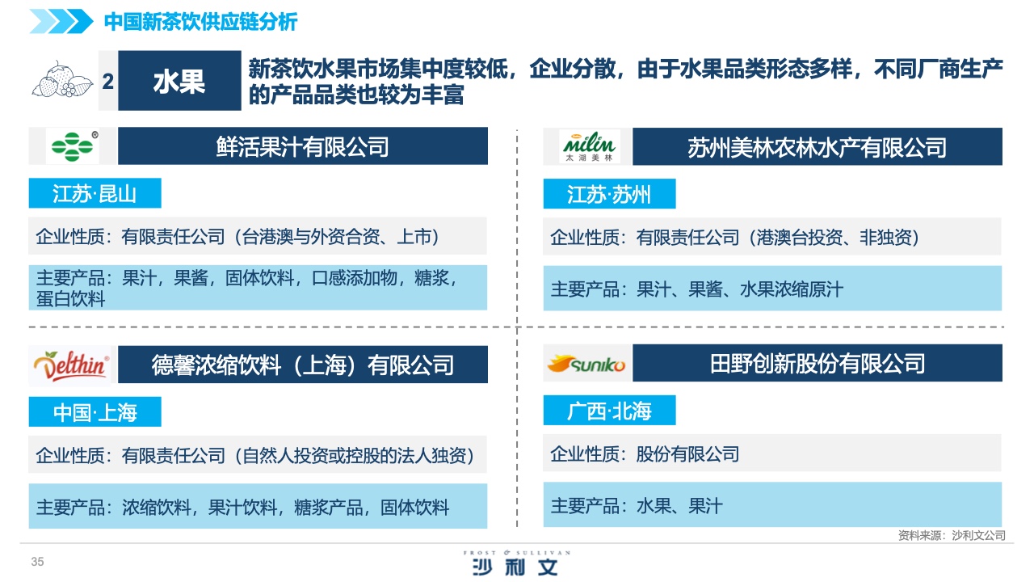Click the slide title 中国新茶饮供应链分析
[200, 22]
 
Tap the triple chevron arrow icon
[61, 21]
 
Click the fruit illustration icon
[62, 80]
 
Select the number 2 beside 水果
[108, 82]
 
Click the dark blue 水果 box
[179, 80]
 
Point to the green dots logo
[74, 146]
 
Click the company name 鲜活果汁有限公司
[303, 146]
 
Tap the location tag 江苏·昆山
[95, 193]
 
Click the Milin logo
[589, 147]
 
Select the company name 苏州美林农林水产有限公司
[817, 147]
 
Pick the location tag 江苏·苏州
[609, 194]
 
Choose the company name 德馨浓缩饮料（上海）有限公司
[303, 365]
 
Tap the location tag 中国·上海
[95, 411]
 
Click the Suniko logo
[586, 364]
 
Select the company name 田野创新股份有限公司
[817, 363]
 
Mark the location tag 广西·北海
[609, 410]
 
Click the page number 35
[37, 562]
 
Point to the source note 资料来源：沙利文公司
[952, 535]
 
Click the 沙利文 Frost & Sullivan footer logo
[516, 563]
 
